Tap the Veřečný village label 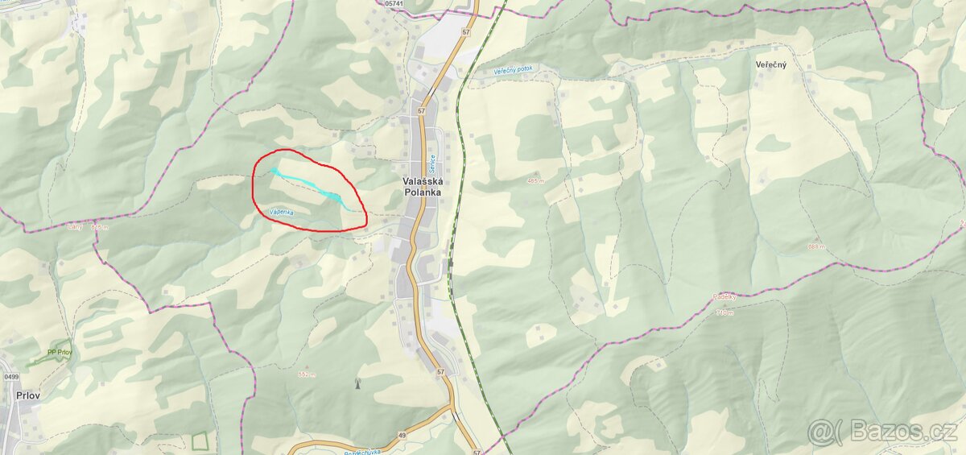tap(770, 64)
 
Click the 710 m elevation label tap(724, 312)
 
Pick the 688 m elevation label tap(815, 246)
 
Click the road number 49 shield tap(400, 435)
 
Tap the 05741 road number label tap(395, 4)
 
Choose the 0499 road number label tap(11, 377)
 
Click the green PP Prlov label tap(60, 351)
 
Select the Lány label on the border tap(76, 227)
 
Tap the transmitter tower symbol tap(357, 383)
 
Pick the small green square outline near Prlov tap(199, 441)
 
